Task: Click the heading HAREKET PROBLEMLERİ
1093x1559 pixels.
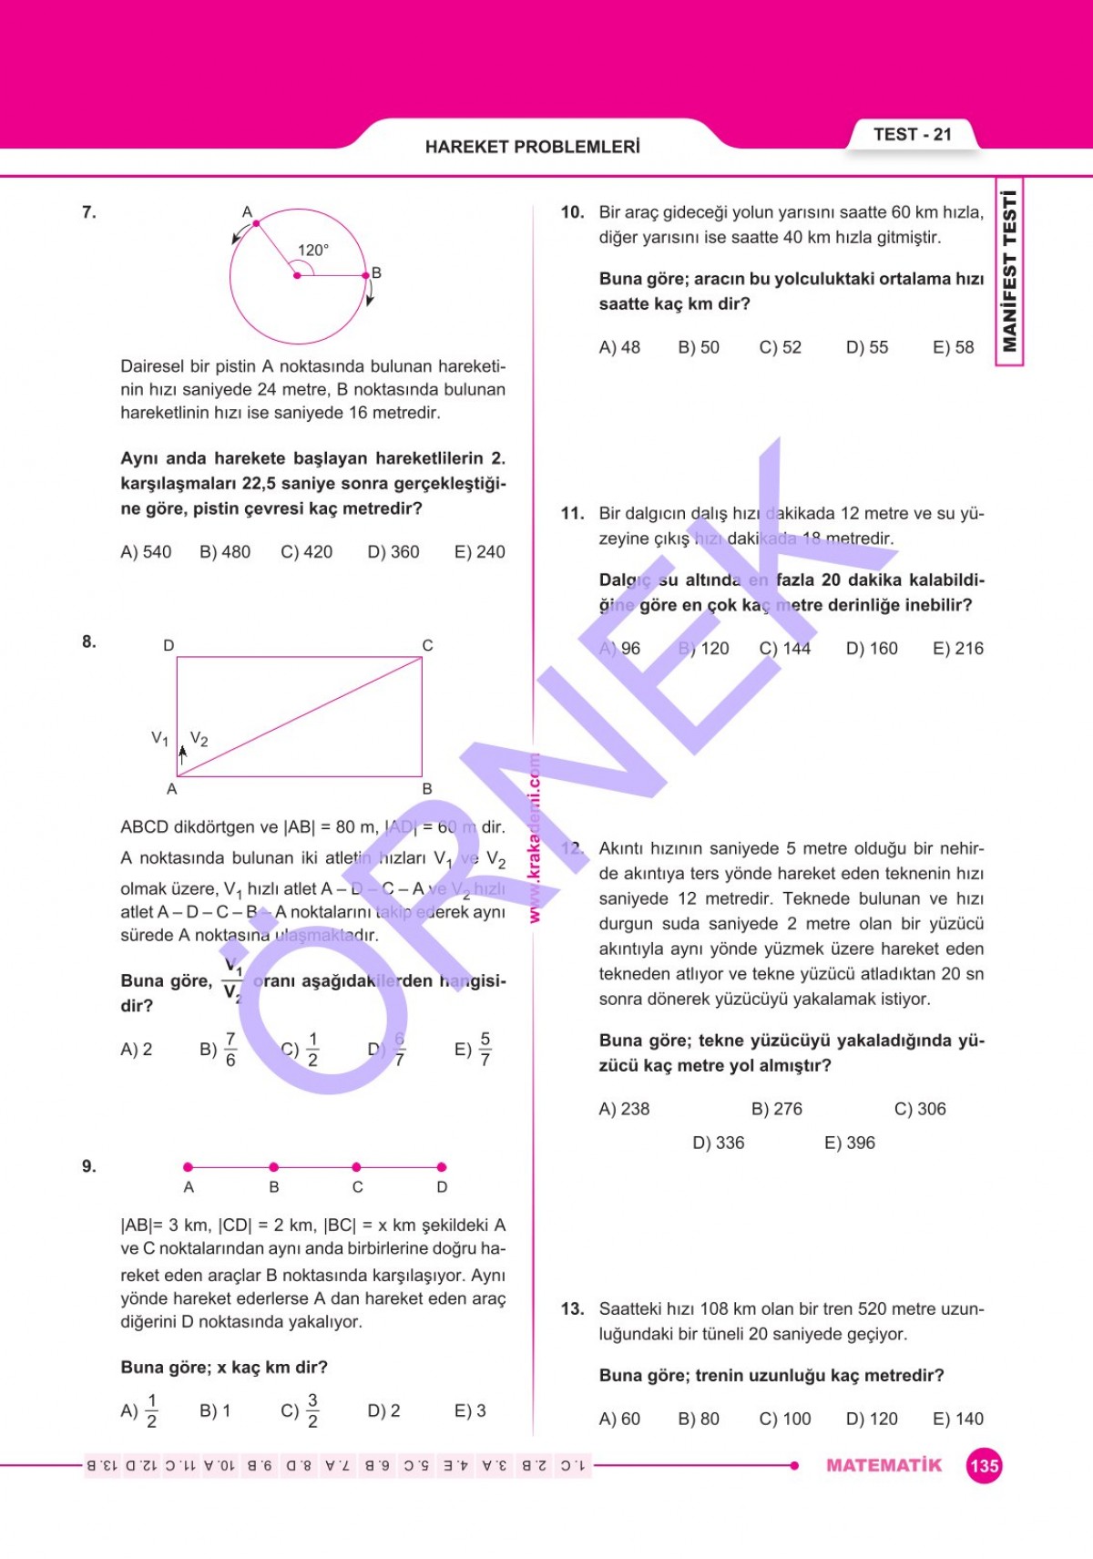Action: [x=532, y=147]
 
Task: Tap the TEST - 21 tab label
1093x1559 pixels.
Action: [x=912, y=135]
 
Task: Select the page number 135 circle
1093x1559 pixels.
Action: [x=984, y=1466]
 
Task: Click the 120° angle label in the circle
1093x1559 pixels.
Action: [x=312, y=250]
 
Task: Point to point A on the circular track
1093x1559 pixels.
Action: [x=256, y=223]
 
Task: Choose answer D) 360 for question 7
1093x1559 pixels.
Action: [x=393, y=552]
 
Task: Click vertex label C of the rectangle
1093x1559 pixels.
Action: [x=427, y=645]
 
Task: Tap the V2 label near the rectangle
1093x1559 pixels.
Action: [x=199, y=739]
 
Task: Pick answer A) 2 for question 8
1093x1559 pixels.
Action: [x=137, y=1050]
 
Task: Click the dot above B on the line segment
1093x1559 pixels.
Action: [x=273, y=1167]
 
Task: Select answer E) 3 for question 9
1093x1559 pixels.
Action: [x=470, y=1411]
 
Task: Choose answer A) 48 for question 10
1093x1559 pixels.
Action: [x=619, y=347]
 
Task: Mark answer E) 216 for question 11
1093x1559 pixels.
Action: [x=958, y=649]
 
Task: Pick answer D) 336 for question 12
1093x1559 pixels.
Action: [x=719, y=1143]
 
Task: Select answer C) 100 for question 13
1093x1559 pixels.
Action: [x=785, y=1419]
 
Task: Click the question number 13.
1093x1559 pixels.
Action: [x=572, y=1309]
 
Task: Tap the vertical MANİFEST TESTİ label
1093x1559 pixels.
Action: [x=1009, y=271]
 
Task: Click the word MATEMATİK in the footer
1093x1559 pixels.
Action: [x=884, y=1465]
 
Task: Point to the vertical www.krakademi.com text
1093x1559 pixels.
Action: [x=535, y=838]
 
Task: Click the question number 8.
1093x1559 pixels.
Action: [x=88, y=641]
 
